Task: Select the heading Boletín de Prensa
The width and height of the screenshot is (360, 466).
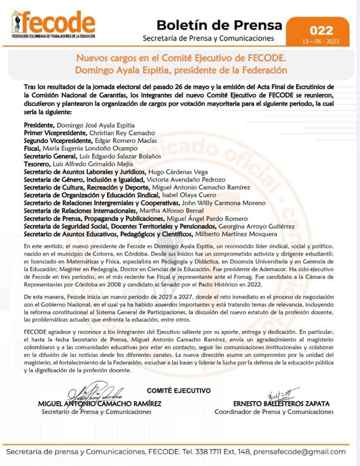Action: pyautogui.click(x=219, y=24)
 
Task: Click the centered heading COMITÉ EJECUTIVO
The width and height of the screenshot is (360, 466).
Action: pyautogui.click(x=178, y=391)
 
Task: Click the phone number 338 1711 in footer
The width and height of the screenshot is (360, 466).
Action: pyautogui.click(x=209, y=452)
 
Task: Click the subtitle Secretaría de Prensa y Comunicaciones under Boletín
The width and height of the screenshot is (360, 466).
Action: pyautogui.click(x=208, y=38)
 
